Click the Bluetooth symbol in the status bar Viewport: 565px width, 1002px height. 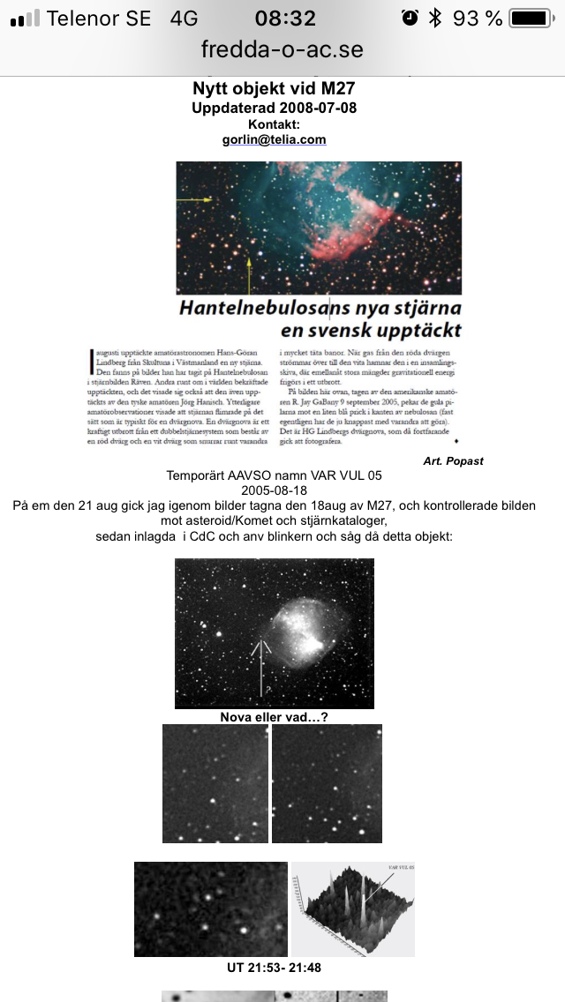434,18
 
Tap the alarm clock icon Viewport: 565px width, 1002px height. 409,18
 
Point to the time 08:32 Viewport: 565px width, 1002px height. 284,18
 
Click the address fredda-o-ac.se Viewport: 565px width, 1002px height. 282,49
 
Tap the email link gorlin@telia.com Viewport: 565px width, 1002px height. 274,139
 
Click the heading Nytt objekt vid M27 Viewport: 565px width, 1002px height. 274,89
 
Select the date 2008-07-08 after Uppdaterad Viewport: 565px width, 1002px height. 316,108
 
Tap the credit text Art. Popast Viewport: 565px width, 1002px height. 453,460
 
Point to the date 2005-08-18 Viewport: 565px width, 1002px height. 274,491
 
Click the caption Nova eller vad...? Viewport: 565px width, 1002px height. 274,717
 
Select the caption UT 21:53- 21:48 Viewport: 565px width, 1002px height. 274,968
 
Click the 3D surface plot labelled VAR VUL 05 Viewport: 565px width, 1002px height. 353,909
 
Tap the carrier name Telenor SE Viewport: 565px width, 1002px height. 99,18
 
